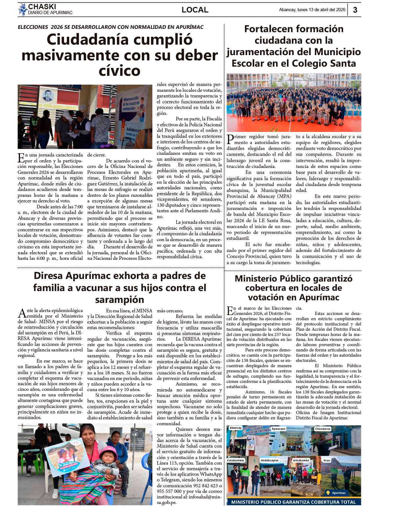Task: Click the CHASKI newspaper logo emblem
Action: (x=23, y=10)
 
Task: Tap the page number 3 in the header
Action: (x=355, y=10)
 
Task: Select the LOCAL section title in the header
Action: (x=195, y=10)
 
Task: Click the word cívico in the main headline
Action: (x=120, y=71)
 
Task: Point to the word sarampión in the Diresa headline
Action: (x=120, y=299)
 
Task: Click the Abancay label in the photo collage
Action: (x=235, y=428)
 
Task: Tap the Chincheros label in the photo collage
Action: (x=322, y=429)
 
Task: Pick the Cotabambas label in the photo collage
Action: (x=236, y=460)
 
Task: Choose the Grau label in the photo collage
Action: (x=327, y=460)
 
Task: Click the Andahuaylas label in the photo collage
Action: (x=269, y=460)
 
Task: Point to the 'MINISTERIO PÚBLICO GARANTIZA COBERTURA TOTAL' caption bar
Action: (x=294, y=502)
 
